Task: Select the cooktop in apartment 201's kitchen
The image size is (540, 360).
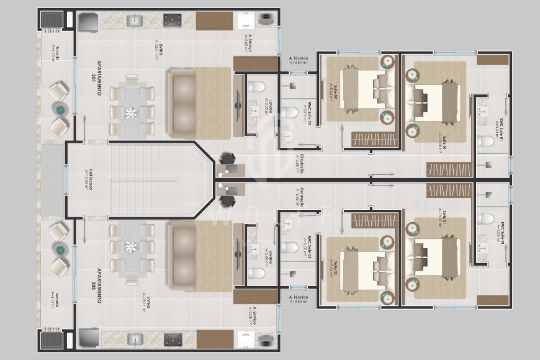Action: pyautogui.click(x=172, y=20)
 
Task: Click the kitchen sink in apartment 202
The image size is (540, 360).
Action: pyautogui.click(x=135, y=340)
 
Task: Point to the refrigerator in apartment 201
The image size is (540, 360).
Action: pyautogui.click(x=88, y=21)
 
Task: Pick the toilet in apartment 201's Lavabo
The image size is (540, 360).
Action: pyautogui.click(x=256, y=86)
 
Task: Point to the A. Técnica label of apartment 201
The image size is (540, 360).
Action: pyautogui.click(x=299, y=60)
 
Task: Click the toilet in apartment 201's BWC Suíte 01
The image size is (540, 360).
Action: pyautogui.click(x=485, y=141)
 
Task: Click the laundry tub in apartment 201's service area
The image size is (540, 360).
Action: pyautogui.click(x=246, y=20)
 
